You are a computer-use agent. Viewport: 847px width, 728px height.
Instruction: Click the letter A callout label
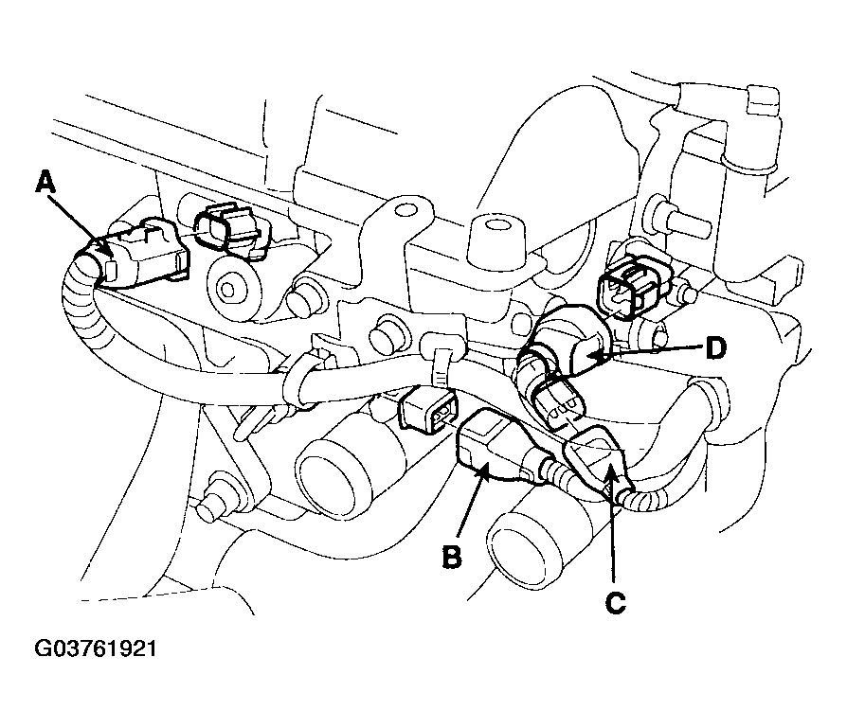pyautogui.click(x=45, y=182)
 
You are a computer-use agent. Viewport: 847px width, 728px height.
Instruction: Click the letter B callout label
pyautogui.click(x=452, y=557)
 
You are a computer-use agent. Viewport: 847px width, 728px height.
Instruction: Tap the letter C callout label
pyautogui.click(x=615, y=603)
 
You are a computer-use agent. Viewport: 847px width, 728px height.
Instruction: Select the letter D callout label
pyautogui.click(x=716, y=349)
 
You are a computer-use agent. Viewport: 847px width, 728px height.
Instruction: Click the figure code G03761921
pyautogui.click(x=96, y=648)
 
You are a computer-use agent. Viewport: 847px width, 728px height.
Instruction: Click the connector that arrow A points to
pyautogui.click(x=141, y=254)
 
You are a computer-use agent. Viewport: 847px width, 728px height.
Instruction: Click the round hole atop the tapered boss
pyautogui.click(x=495, y=225)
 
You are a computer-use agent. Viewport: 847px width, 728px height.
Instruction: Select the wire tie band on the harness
pyautogui.click(x=440, y=368)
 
